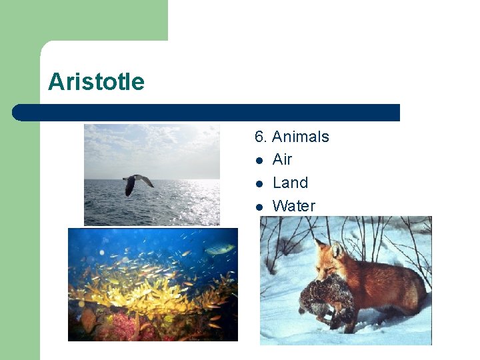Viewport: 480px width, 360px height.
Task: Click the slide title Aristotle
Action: coord(96,82)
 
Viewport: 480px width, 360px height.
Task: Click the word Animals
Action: coord(300,137)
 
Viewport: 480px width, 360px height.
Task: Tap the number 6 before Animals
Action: coord(260,137)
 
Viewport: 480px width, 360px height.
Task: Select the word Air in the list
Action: coord(282,159)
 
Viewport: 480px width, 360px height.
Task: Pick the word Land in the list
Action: coord(290,183)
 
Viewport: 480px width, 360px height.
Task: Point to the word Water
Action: coord(293,206)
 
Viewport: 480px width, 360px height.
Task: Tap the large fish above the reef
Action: coord(220,249)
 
